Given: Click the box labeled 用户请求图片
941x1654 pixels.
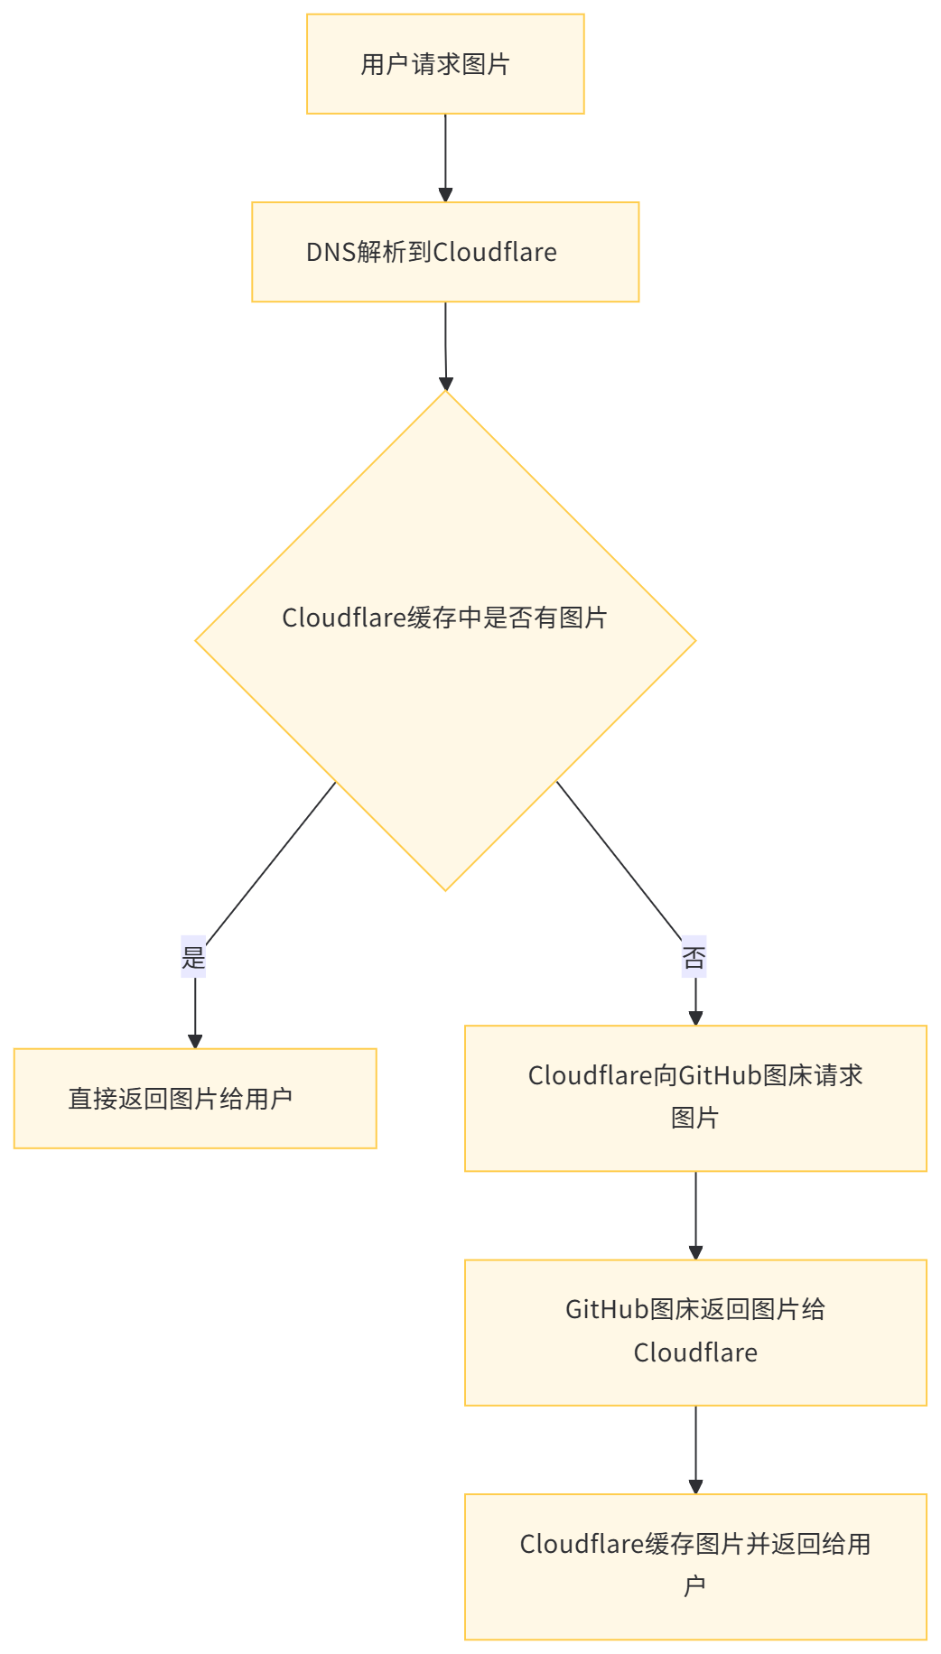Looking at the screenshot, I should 445,63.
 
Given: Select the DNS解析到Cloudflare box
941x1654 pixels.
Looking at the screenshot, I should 445,252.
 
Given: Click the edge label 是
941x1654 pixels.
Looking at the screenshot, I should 194,957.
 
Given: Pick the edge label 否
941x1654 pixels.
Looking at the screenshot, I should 694,957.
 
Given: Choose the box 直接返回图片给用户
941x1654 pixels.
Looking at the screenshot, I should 195,1098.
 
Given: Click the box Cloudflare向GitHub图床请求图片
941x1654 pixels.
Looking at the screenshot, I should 695,1098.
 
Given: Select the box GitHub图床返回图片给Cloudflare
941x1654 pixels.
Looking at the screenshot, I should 695,1332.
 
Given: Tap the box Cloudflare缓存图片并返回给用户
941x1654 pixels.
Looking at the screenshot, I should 695,1566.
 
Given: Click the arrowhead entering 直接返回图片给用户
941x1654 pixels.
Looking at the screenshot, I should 195,1039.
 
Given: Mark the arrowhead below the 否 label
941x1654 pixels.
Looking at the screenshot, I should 695,1017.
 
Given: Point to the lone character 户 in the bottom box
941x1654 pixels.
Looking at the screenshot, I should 694,1586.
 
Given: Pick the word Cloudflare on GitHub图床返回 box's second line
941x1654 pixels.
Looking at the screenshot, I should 695,1352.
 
